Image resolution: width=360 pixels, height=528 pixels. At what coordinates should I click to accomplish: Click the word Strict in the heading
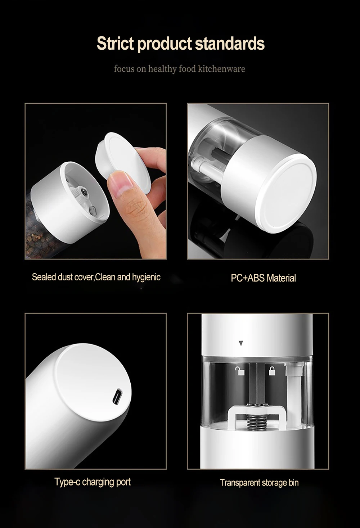[115, 44]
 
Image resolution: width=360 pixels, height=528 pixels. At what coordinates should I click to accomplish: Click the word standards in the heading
[230, 44]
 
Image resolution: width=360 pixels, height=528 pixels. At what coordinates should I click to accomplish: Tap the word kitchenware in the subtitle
[222, 69]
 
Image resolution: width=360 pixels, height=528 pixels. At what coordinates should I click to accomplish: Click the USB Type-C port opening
[117, 396]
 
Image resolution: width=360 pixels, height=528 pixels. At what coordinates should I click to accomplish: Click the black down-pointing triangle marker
[241, 343]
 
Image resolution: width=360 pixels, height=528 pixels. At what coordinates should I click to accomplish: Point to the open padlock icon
[240, 371]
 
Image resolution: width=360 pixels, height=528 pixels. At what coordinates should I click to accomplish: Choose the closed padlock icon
[272, 371]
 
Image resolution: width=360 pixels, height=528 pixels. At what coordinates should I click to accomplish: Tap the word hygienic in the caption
[146, 277]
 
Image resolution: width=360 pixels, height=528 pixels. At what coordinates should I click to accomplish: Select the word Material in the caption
[282, 278]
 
